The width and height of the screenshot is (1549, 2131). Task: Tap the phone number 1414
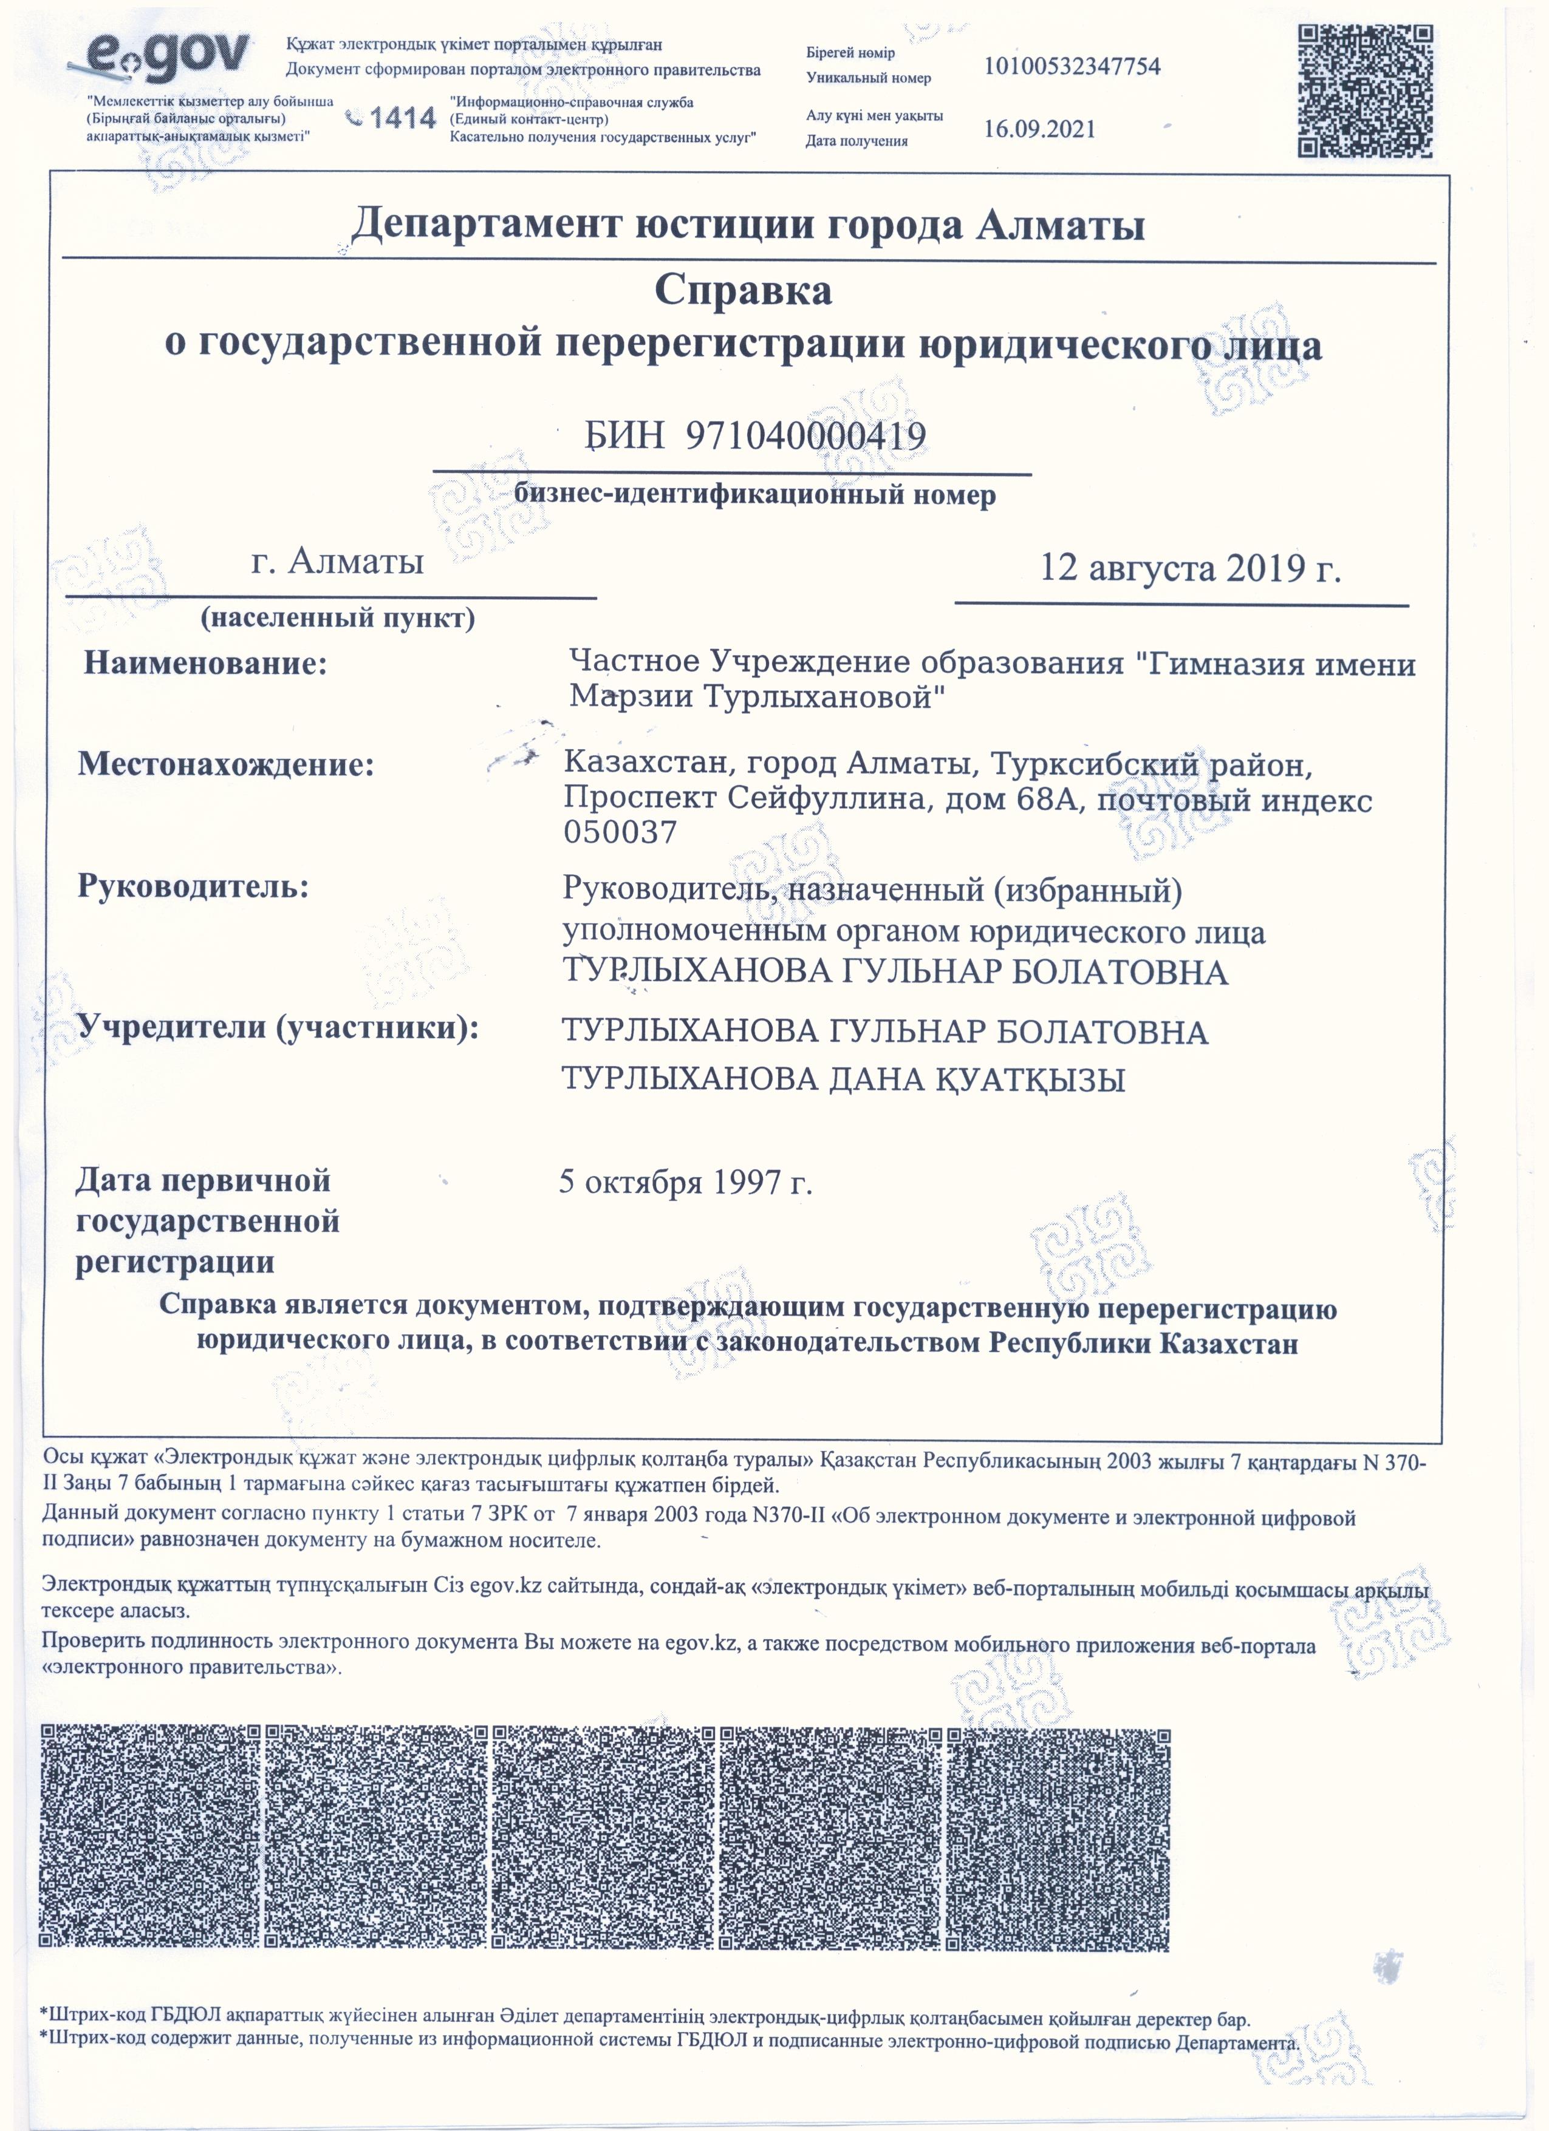point(402,118)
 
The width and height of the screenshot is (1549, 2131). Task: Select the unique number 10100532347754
point(1072,67)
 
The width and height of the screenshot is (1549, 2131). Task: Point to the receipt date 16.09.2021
point(1039,130)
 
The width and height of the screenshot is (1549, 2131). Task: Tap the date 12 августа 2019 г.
point(1190,568)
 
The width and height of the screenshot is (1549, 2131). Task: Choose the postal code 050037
point(620,832)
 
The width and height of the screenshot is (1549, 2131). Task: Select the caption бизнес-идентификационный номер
point(755,495)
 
